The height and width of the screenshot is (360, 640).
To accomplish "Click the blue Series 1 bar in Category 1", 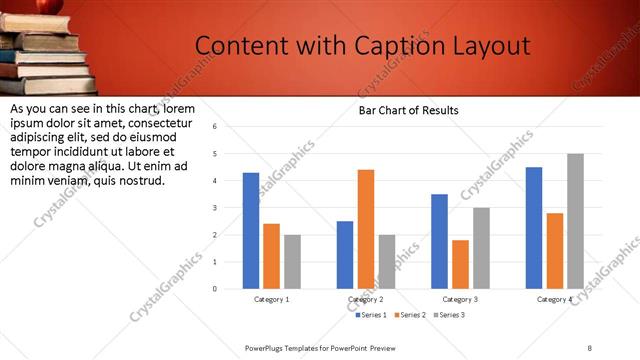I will (251, 231).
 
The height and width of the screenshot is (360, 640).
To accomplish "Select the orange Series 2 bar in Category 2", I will (366, 229).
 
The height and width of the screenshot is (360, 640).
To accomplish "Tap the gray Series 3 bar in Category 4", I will (575, 221).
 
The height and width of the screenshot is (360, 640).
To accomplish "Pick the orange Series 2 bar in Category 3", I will (460, 264).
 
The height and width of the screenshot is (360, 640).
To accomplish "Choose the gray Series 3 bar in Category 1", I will (292, 262).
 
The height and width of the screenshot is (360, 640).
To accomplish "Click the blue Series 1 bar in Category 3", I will (439, 241).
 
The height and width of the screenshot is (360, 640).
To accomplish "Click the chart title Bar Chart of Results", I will (409, 111).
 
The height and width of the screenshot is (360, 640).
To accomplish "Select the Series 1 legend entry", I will (371, 315).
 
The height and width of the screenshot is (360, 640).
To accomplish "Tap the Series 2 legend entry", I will (409, 315).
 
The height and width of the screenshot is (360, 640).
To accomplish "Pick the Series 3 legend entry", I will (448, 315).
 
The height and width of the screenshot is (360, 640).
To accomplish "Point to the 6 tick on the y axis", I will (214, 127).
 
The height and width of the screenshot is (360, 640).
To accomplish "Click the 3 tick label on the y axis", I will (214, 208).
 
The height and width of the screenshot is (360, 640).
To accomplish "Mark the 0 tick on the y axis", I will (214, 289).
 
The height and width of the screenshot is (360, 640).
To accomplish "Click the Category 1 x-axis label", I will (271, 299).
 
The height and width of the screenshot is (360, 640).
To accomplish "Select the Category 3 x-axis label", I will (460, 299).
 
